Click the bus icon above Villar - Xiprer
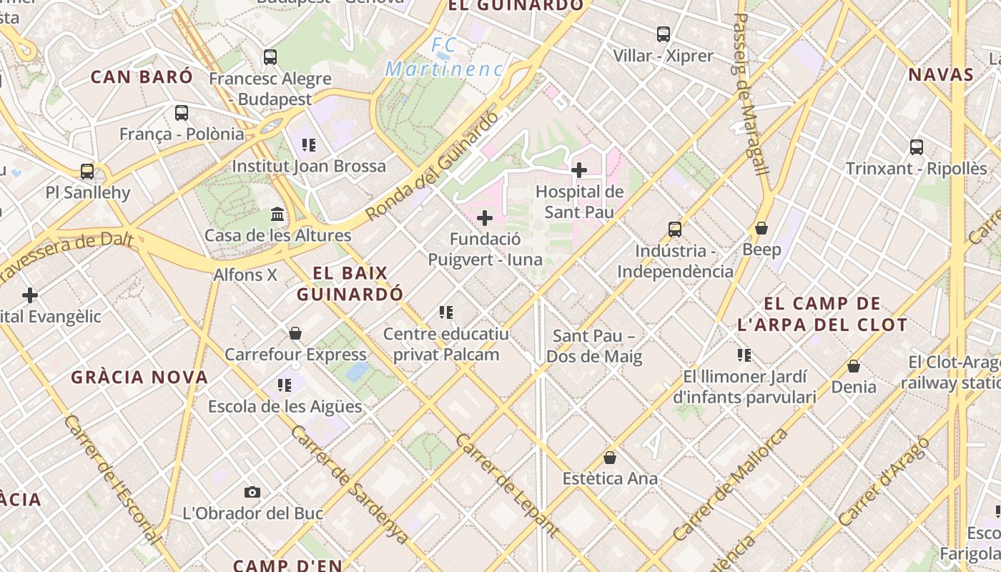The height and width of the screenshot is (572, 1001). (x=664, y=34)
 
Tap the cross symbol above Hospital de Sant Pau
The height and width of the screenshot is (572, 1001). (x=579, y=170)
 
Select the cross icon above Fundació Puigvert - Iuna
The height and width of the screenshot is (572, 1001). (x=485, y=217)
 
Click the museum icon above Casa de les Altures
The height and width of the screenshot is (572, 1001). (x=277, y=214)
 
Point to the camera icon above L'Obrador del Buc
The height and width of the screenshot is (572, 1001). (x=252, y=492)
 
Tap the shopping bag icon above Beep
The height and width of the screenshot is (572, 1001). (x=761, y=228)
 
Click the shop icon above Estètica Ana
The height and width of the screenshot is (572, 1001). (x=610, y=457)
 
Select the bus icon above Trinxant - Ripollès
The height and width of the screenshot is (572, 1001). (x=917, y=147)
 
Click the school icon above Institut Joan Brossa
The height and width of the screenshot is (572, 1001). (x=309, y=145)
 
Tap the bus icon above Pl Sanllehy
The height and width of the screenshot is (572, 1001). (x=87, y=172)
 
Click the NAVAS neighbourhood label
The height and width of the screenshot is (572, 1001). (x=941, y=74)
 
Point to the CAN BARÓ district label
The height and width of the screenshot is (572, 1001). (x=142, y=77)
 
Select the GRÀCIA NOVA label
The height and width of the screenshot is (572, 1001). (x=139, y=377)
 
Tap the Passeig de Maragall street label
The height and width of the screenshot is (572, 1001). (x=750, y=93)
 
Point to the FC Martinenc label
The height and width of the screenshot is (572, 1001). (x=444, y=58)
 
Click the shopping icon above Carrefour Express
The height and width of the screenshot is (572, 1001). (x=295, y=333)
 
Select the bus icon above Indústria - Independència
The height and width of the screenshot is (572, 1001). (x=675, y=230)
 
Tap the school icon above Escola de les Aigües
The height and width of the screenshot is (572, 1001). (x=285, y=385)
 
